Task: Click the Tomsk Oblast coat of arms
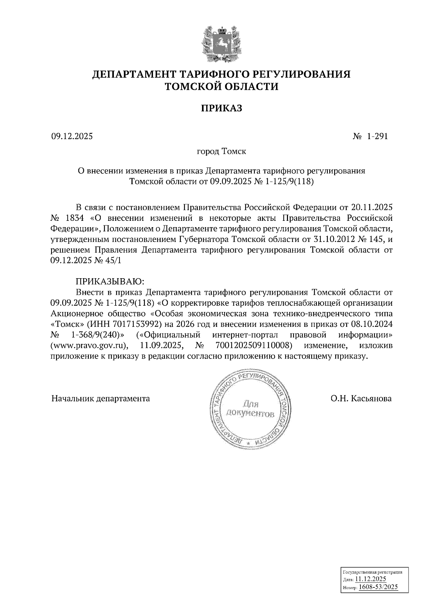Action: click(221, 43)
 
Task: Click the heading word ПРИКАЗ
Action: click(221, 108)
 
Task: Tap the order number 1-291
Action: click(377, 136)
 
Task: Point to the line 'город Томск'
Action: click(221, 151)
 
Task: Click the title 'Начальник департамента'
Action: click(100, 399)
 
